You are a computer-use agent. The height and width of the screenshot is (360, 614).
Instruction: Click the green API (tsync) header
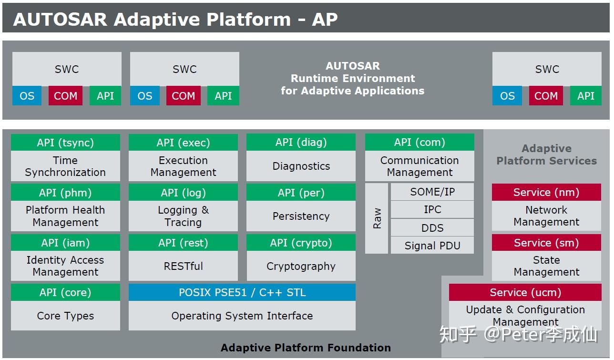point(65,142)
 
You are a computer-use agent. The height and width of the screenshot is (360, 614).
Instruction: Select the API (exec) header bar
point(183,142)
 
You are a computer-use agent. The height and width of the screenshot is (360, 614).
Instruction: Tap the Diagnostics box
point(301,166)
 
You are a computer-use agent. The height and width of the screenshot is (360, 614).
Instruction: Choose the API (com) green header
point(420,142)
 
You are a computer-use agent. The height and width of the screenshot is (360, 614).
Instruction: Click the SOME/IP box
point(432,192)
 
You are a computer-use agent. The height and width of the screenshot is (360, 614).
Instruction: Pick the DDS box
point(432,227)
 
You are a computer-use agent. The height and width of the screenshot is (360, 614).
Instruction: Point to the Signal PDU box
point(432,246)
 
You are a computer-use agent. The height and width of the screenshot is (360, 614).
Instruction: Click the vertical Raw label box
point(376,218)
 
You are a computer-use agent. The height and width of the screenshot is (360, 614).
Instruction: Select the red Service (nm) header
point(546,192)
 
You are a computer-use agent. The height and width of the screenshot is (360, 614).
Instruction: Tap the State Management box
point(546,266)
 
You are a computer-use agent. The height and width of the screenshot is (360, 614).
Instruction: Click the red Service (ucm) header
point(525,292)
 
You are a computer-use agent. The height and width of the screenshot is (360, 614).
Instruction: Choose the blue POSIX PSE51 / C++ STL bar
point(242,292)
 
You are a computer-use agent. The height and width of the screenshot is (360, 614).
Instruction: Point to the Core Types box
point(65,316)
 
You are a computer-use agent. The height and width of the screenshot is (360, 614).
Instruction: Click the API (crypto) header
point(301,242)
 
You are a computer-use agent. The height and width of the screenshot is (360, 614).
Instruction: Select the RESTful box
point(183,266)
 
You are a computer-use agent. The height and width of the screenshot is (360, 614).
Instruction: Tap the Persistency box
point(301,216)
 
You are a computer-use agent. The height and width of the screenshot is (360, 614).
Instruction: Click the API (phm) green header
point(65,192)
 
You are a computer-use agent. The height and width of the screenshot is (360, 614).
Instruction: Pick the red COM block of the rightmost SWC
point(546,96)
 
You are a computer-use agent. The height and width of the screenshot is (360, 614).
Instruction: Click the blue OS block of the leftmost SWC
point(27,96)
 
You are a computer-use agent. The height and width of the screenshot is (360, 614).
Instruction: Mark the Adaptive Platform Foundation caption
point(306,348)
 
